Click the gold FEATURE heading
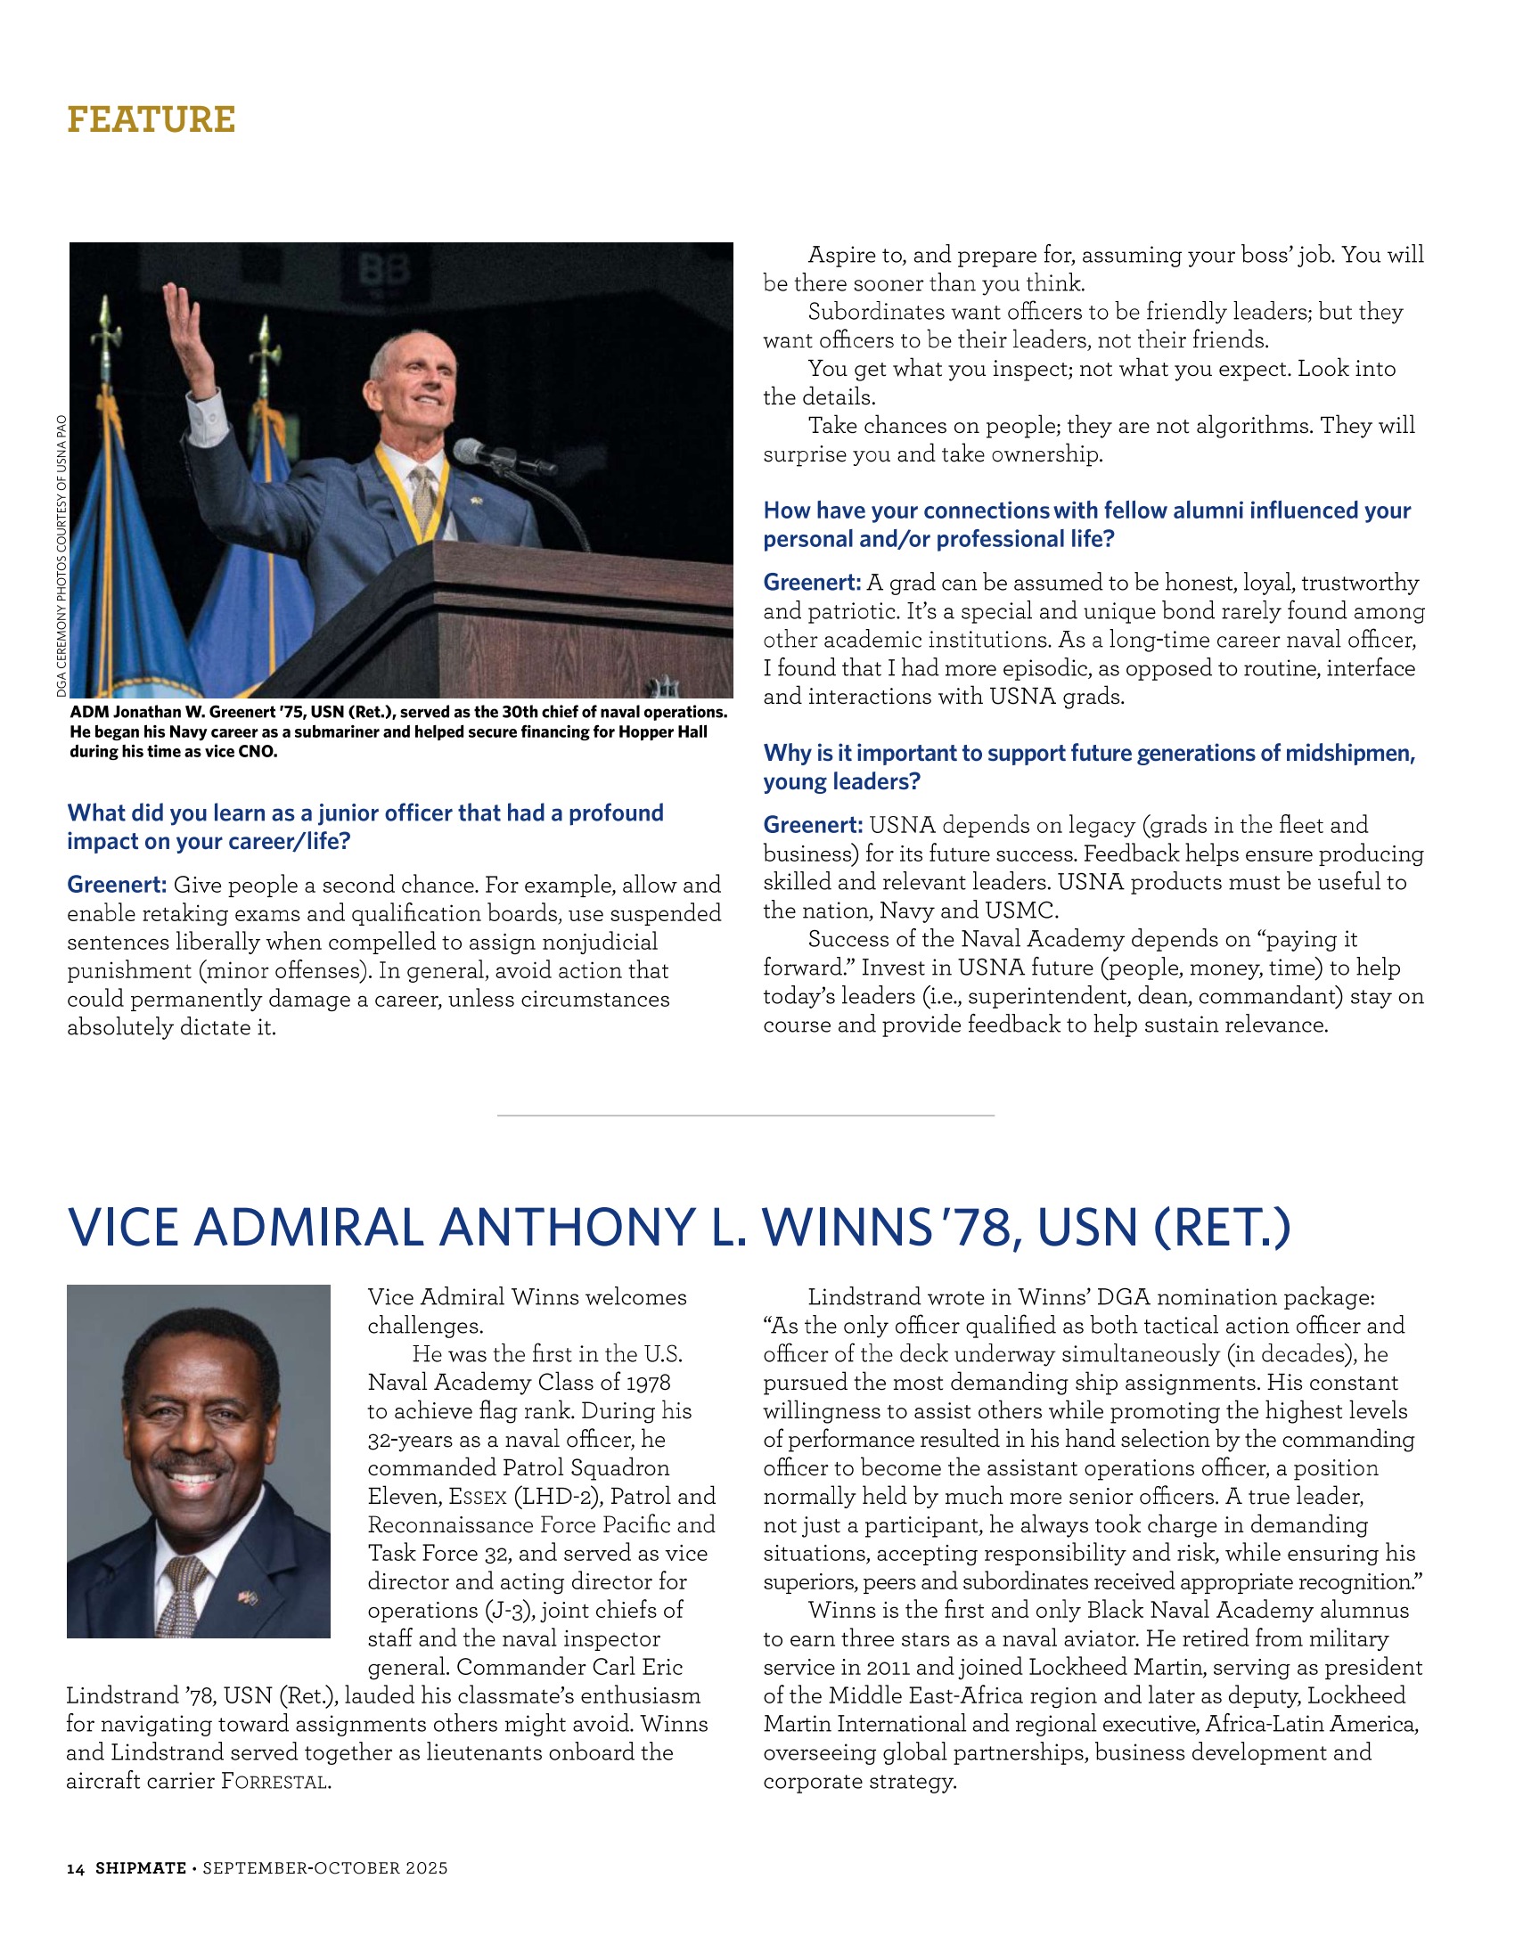(151, 119)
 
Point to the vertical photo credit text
(61, 556)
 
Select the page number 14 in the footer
(76, 1868)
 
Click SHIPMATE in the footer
(141, 1868)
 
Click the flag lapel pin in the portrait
(247, 1597)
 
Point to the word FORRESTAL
(274, 1782)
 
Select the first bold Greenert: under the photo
(117, 885)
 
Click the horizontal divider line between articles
(745, 1115)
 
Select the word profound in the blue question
(616, 813)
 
